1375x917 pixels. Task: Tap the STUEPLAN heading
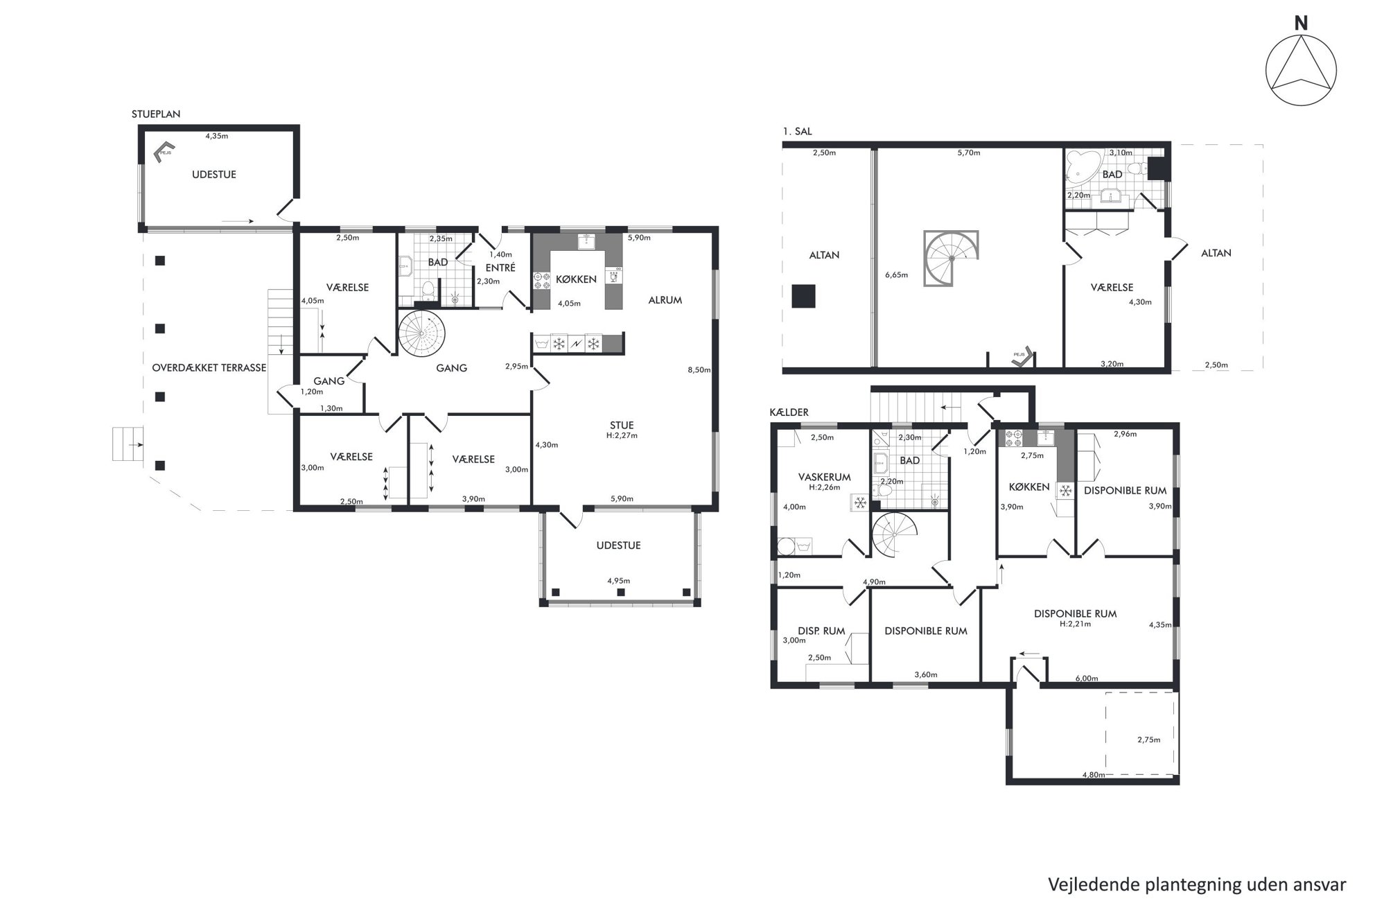[x=156, y=114]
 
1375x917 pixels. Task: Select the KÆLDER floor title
[x=789, y=412]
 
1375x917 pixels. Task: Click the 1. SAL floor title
[x=797, y=131]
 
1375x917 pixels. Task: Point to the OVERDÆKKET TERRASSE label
[x=209, y=368]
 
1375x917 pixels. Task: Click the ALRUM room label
[x=665, y=300]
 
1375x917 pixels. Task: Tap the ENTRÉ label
[x=500, y=268]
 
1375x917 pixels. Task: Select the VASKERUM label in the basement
[x=824, y=477]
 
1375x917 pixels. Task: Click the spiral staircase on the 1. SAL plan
[x=952, y=258]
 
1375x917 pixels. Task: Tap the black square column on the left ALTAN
[x=804, y=296]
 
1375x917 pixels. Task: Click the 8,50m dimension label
[x=699, y=370]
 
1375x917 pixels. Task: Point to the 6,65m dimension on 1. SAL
[x=896, y=275]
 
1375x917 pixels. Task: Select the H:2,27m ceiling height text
[x=622, y=436]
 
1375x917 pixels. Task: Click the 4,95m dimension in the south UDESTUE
[x=619, y=581]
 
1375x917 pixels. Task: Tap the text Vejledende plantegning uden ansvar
[x=1197, y=885]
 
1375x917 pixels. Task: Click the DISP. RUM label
[x=821, y=631]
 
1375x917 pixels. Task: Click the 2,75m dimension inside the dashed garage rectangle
[x=1148, y=740]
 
